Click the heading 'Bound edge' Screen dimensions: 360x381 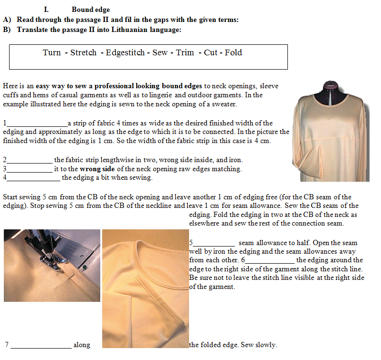[91, 10]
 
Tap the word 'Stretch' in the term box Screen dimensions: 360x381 [84, 52]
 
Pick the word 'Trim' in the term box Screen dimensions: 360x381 [185, 52]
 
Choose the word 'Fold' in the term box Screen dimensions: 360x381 [233, 52]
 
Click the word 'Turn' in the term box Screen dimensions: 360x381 [52, 52]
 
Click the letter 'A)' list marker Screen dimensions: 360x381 [7, 20]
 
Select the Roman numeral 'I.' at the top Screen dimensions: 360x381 [46, 10]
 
